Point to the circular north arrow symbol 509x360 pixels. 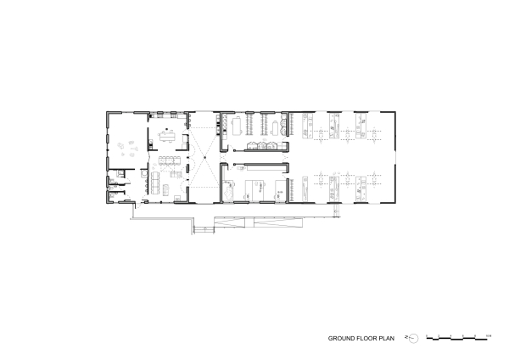click(x=412, y=338)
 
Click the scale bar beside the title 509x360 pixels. click(x=456, y=339)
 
